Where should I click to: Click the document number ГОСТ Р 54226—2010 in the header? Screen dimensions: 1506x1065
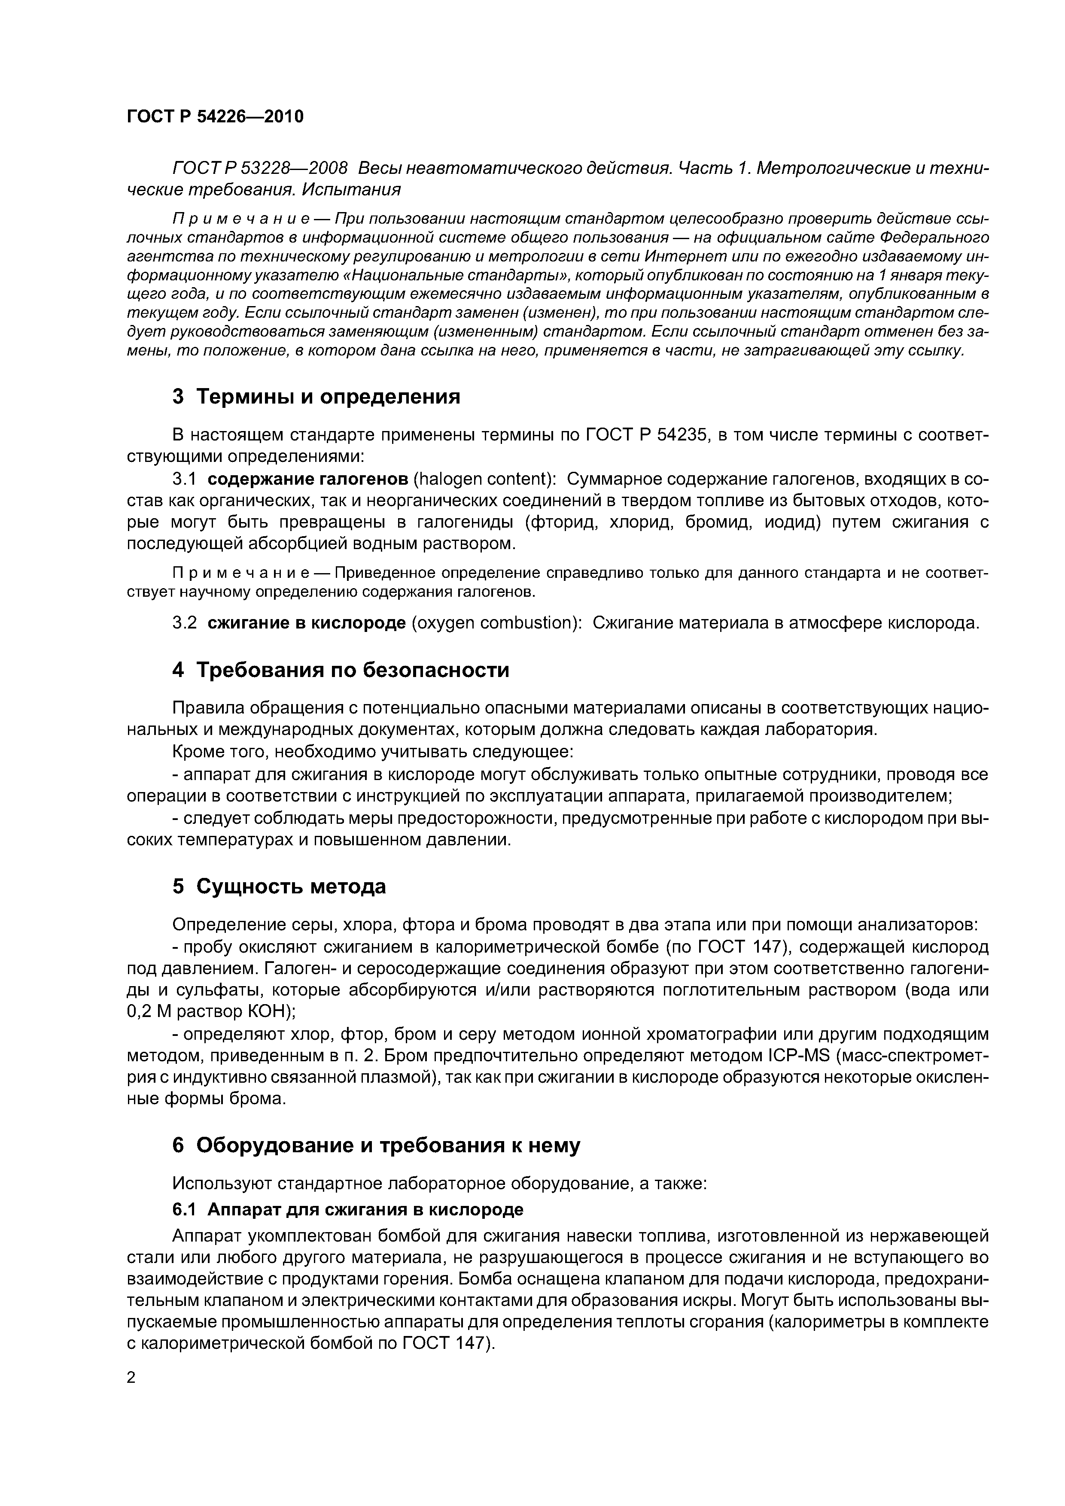point(215,117)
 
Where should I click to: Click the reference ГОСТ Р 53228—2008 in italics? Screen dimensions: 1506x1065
point(260,169)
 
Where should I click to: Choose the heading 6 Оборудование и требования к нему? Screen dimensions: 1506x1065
point(376,1145)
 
